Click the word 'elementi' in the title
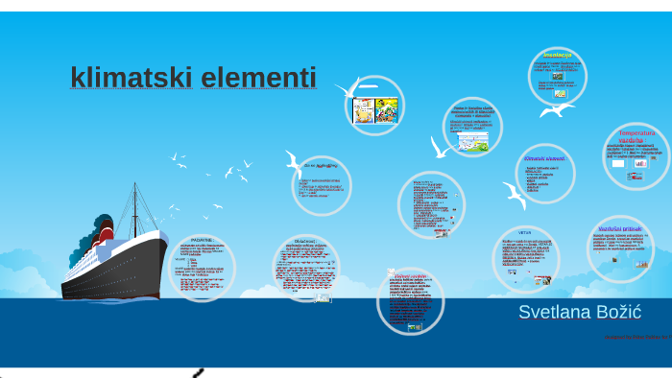point(258,78)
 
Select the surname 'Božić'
point(618,312)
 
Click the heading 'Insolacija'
point(557,56)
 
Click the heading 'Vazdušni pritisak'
point(618,229)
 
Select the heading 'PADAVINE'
point(202,241)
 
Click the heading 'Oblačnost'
point(305,242)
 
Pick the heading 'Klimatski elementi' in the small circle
point(544,157)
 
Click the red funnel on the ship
point(104,231)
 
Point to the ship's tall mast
point(133,206)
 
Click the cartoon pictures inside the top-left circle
point(374,109)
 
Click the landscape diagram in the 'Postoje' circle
point(473,143)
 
